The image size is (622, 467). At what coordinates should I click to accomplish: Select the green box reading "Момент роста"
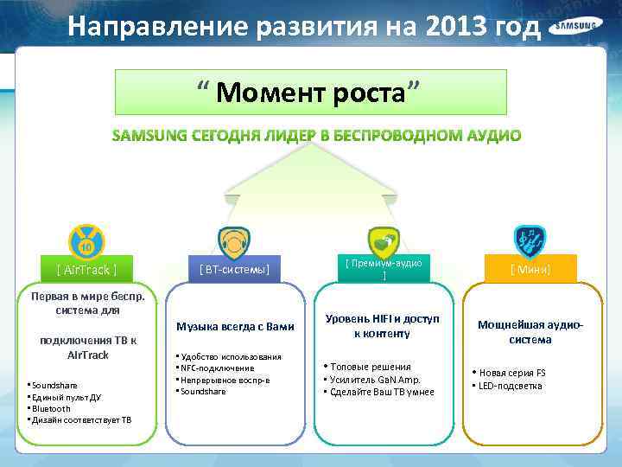tap(311, 90)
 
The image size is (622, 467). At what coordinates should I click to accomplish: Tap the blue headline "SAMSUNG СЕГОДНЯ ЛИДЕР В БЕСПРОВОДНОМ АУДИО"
tap(316, 136)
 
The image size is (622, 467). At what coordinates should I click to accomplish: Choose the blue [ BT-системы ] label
tap(234, 270)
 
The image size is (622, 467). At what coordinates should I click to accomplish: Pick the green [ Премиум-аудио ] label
tap(384, 269)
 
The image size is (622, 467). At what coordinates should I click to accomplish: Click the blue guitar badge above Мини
tap(530, 241)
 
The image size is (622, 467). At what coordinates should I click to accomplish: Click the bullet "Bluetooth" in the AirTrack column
tap(52, 408)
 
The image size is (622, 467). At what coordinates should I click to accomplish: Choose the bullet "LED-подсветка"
tap(511, 386)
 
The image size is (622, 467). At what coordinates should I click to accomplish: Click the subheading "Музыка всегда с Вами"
tap(235, 327)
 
